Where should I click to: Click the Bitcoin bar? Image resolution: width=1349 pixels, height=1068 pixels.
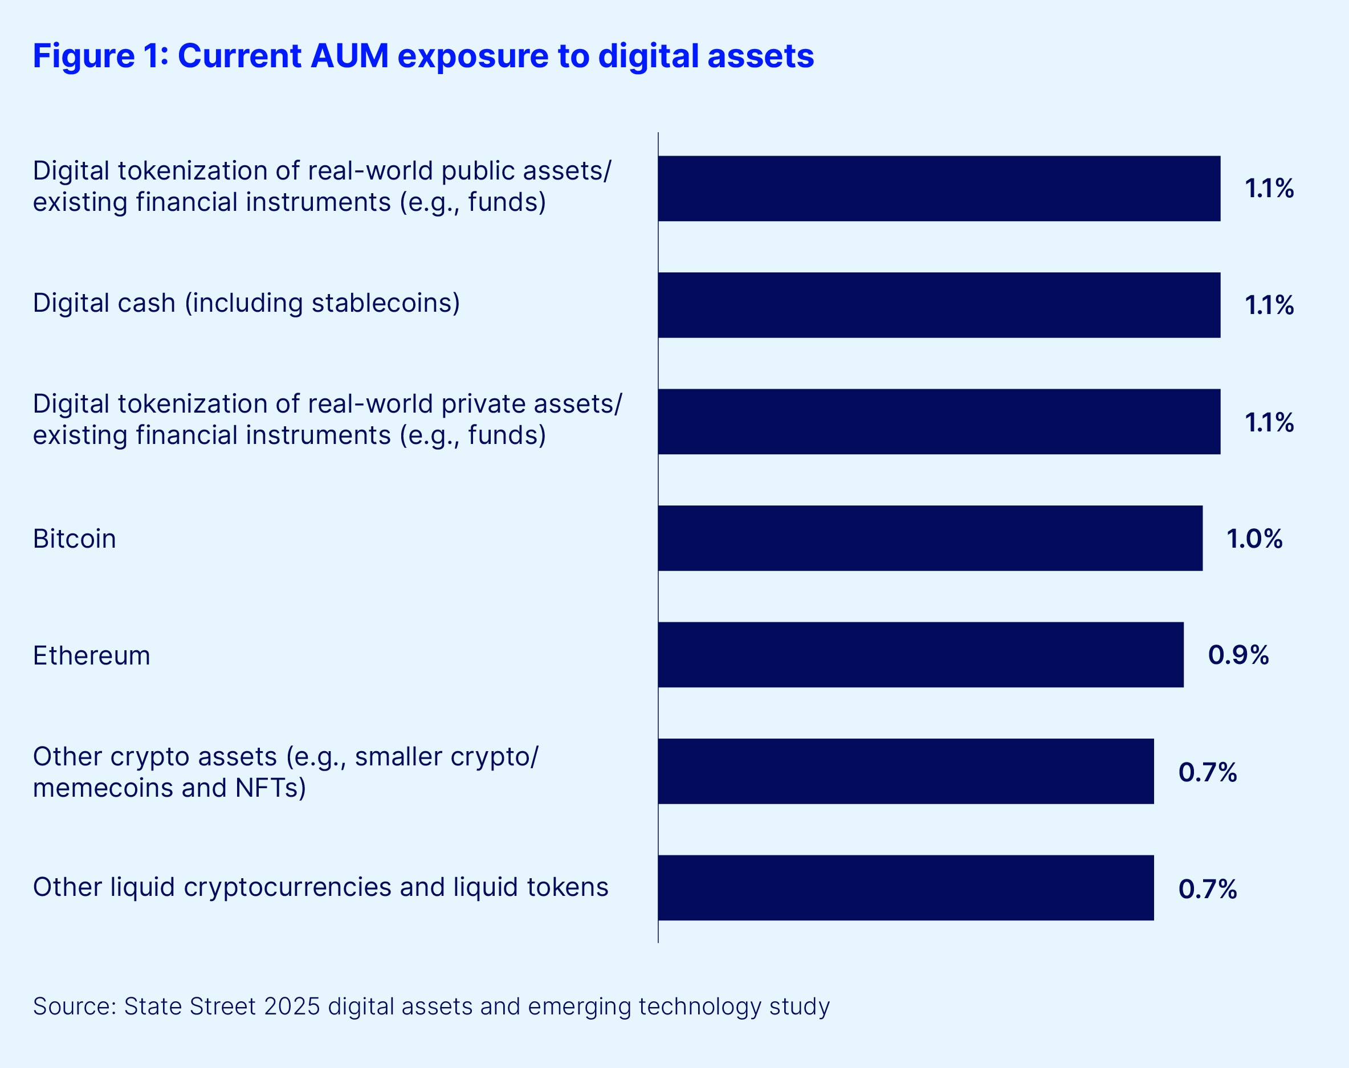click(x=930, y=539)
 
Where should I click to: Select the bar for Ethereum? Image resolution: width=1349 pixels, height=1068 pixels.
click(x=920, y=655)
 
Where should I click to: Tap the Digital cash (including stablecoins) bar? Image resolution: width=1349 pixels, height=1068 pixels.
click(x=939, y=305)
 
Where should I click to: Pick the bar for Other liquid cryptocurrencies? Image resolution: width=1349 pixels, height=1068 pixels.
click(x=906, y=888)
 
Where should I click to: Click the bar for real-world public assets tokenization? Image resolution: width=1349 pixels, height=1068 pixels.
click(x=939, y=188)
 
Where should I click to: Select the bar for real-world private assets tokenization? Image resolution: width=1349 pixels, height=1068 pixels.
click(x=939, y=422)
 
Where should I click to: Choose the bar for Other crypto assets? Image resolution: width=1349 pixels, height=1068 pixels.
click(x=906, y=771)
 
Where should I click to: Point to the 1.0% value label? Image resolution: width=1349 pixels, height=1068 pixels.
click(x=1254, y=539)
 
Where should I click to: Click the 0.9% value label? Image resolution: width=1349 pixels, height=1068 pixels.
click(x=1238, y=655)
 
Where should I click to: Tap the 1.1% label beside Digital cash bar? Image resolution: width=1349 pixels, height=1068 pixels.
click(x=1269, y=305)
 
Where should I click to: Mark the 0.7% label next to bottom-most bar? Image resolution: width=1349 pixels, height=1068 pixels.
click(x=1208, y=889)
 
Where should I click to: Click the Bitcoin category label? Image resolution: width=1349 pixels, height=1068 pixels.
click(x=75, y=539)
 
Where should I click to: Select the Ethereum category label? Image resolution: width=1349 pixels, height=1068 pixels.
click(x=91, y=656)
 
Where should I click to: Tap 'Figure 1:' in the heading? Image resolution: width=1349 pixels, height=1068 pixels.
click(x=100, y=56)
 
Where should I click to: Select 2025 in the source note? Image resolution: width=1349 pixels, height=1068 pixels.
click(x=292, y=1006)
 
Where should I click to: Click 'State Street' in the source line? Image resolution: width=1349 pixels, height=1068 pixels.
click(x=190, y=1006)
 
